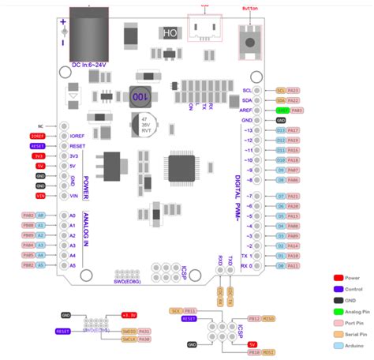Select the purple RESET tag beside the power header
(38, 146)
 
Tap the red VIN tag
(39, 195)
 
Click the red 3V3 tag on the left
(39, 156)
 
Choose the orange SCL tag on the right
(281, 90)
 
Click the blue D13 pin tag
(281, 130)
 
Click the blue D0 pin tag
(281, 266)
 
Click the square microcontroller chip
(182, 168)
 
